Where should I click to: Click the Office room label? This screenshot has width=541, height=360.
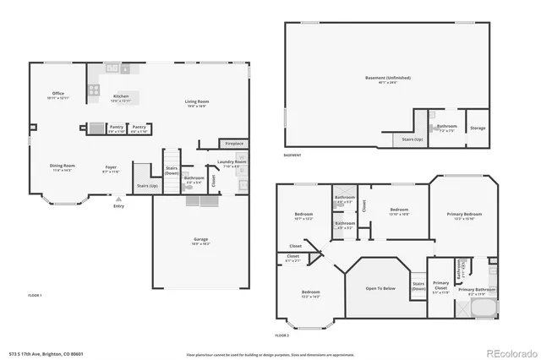point(57,94)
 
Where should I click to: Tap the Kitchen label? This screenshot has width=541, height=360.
point(121,96)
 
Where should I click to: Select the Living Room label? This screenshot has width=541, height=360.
point(197,102)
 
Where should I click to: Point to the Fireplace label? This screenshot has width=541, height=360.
point(233,144)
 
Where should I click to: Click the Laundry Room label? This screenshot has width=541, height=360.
point(232,161)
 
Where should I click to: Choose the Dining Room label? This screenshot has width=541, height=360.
point(62,166)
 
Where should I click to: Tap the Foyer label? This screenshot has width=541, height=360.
point(111,166)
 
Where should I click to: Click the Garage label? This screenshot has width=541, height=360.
point(201,239)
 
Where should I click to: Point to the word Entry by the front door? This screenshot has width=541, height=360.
point(117,205)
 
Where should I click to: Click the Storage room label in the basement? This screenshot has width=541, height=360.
point(478,128)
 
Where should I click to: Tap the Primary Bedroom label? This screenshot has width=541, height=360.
point(464,215)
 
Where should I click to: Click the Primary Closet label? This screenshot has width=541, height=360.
point(440,284)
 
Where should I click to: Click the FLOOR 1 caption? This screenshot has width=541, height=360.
point(35,295)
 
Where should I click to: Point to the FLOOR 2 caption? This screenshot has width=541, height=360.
point(281,335)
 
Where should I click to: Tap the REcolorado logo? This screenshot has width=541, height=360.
point(509,352)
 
